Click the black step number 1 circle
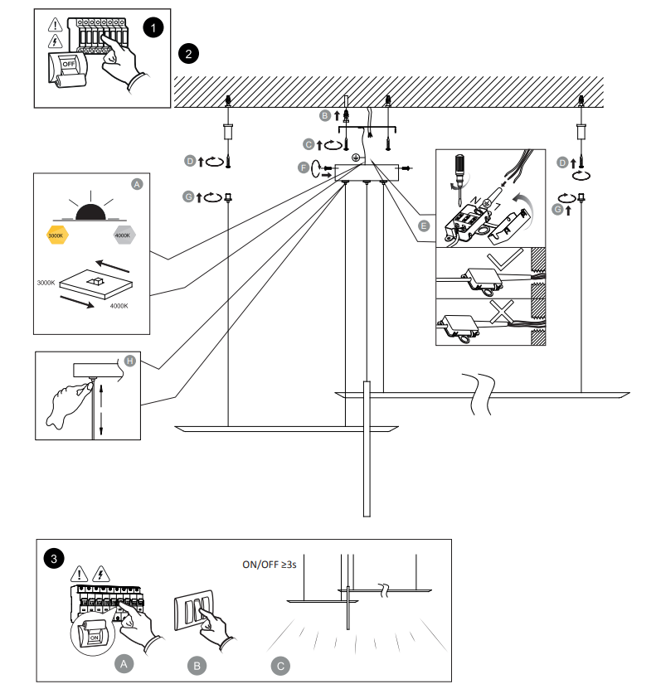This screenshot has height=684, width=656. [153, 27]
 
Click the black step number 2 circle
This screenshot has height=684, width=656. [188, 55]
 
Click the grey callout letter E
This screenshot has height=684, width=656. [424, 226]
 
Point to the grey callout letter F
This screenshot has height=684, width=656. [304, 167]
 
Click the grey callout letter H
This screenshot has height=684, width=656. [129, 361]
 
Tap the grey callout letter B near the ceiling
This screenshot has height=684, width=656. [325, 116]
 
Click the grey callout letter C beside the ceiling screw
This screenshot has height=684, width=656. [309, 144]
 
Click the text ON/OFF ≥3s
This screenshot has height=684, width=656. [270, 565]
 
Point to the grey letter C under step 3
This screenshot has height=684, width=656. [280, 665]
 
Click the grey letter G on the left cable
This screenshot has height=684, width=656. [189, 196]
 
